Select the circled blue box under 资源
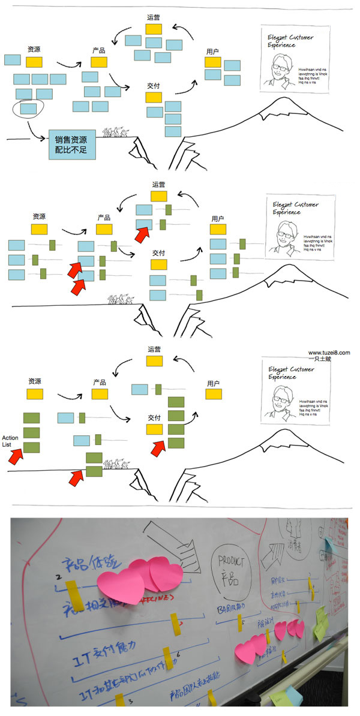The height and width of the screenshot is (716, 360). [28, 109]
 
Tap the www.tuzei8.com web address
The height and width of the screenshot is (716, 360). [329, 353]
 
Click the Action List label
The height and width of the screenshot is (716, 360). [11, 441]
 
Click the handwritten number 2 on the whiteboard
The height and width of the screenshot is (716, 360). [58, 577]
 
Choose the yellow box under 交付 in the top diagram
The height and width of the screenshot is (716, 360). [154, 97]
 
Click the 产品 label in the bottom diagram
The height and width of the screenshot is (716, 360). [100, 383]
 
